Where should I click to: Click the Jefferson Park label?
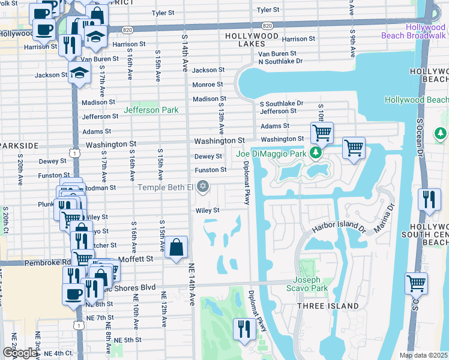(150, 110)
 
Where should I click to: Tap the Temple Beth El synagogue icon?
(203, 187)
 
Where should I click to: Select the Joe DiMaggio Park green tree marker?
(315, 154)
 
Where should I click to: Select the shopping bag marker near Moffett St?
(176, 247)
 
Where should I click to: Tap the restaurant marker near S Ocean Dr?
(429, 199)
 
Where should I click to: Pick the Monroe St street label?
(208, 85)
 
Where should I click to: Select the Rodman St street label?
(100, 187)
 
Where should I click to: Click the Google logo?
(19, 353)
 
